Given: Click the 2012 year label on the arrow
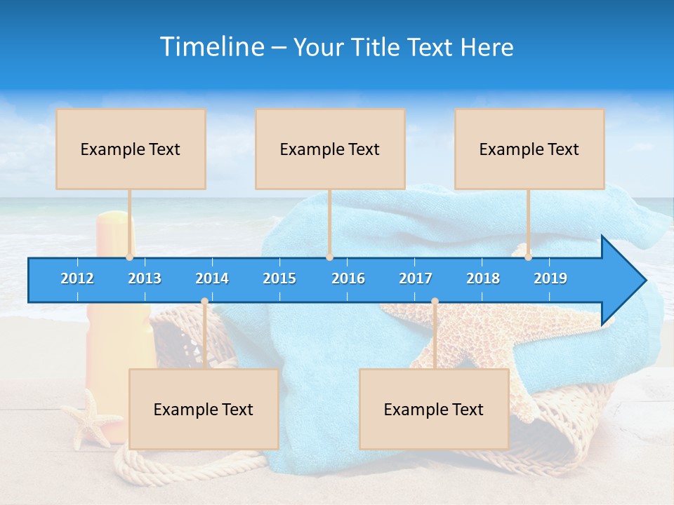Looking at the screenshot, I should tap(77, 278).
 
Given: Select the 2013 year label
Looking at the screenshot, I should tap(145, 278).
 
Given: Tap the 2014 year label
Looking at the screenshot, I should tap(212, 278).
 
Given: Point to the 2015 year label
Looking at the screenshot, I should tap(279, 278).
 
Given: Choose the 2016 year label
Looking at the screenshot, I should tap(348, 278).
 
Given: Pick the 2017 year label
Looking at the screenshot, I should tap(416, 278).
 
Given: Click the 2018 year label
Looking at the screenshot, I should tap(483, 278).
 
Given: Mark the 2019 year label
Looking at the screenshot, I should tap(550, 278).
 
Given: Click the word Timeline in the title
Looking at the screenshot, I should tap(212, 46).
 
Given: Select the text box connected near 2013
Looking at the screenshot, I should tap(131, 149).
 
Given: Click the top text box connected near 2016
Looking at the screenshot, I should tap(330, 149).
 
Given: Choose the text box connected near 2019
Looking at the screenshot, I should tap(529, 149).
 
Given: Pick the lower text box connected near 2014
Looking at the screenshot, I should tap(204, 409).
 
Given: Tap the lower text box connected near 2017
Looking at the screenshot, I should tap(434, 409).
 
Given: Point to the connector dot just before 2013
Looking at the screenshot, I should tap(130, 257).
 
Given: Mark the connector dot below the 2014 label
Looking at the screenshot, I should tap(204, 302).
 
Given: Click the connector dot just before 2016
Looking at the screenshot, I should tap(329, 257).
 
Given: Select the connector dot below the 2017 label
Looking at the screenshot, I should tap(435, 302).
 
